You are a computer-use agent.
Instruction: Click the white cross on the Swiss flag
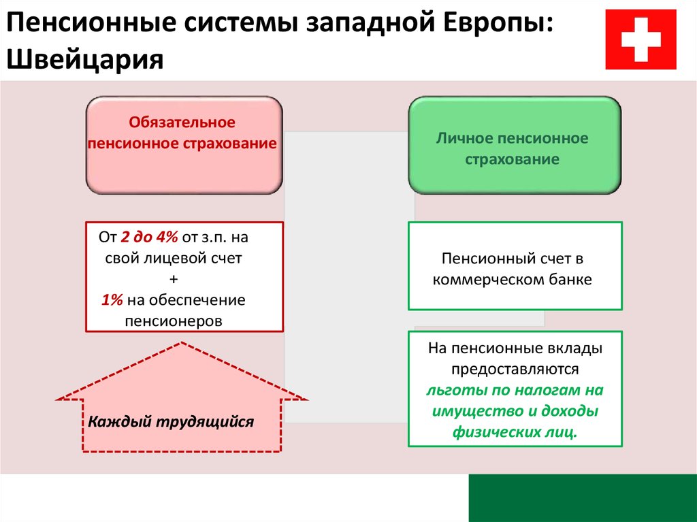(641, 39)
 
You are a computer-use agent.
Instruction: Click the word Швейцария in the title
(85, 59)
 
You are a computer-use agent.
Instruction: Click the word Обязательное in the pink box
(182, 123)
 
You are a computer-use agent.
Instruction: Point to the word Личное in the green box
(463, 138)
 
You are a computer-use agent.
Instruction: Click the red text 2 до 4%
(149, 237)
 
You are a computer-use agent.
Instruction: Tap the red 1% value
(112, 299)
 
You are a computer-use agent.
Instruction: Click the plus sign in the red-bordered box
(174, 279)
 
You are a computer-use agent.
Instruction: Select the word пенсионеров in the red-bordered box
(174, 321)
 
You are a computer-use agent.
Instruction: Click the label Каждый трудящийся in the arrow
(171, 421)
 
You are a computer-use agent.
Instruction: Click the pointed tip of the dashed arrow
(181, 342)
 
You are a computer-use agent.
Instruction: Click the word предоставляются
(515, 369)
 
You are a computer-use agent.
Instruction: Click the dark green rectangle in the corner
(583, 498)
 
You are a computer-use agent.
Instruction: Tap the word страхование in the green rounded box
(512, 159)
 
